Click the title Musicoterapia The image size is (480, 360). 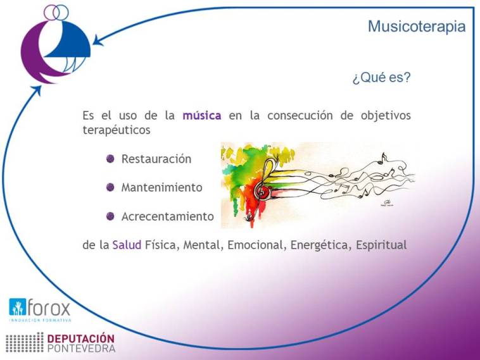(417, 27)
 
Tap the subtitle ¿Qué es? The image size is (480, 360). (381, 77)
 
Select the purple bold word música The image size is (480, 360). (202, 115)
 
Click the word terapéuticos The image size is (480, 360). (117, 130)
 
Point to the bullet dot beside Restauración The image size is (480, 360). (110, 159)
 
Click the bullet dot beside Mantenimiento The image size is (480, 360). (110, 187)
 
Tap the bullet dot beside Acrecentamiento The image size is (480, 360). (110, 216)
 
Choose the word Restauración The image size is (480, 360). (156, 159)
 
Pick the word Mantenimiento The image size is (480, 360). (162, 187)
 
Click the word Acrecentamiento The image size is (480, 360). (168, 216)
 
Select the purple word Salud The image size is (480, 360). (127, 245)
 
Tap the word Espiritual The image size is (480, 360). (381, 245)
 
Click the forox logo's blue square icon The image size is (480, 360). (18, 307)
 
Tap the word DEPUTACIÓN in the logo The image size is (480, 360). (81, 338)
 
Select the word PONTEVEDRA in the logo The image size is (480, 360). (82, 349)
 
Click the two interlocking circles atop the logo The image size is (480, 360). (56, 12)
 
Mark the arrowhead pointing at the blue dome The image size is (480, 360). (98, 40)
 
